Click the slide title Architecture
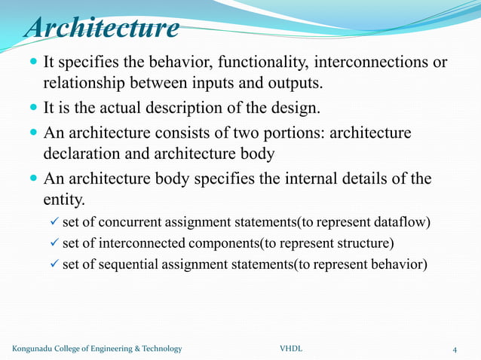pyautogui.click(x=103, y=29)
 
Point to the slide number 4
pyautogui.click(x=455, y=349)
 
